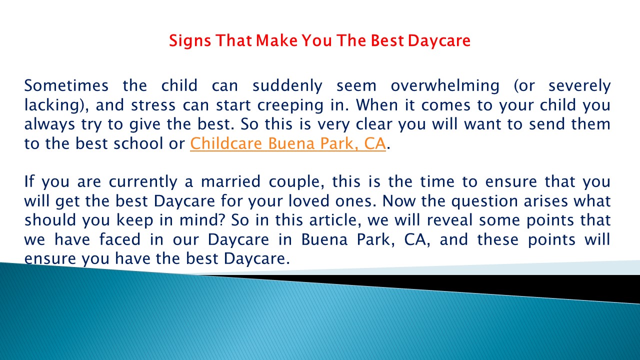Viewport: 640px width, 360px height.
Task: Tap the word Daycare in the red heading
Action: (x=439, y=41)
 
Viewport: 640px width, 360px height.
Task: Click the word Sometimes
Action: (x=66, y=86)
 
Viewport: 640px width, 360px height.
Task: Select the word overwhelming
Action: (x=445, y=86)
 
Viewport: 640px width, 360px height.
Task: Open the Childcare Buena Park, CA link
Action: (x=288, y=144)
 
